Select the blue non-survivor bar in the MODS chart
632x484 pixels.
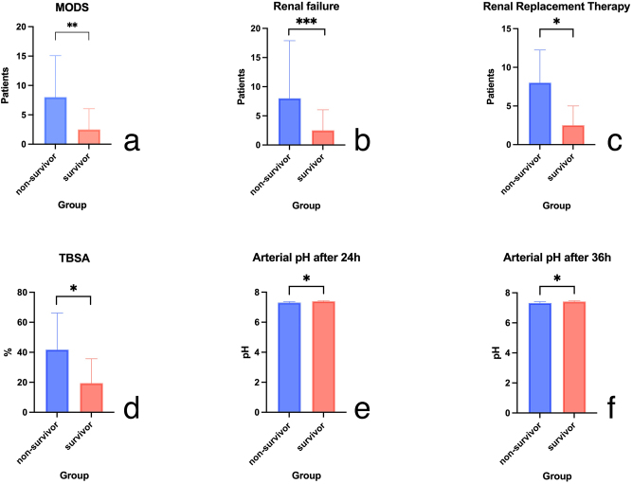(56, 120)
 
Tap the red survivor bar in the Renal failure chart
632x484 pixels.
(324, 137)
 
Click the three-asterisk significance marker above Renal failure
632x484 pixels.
(307, 22)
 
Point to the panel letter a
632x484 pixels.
(132, 140)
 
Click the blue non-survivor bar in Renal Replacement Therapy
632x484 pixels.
(538, 114)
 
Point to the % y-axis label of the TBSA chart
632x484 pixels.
(8, 352)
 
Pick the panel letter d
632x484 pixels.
(132, 408)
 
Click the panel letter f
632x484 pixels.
(612, 408)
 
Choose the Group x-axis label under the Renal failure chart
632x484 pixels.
(306, 205)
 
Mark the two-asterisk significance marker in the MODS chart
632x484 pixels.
(72, 26)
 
